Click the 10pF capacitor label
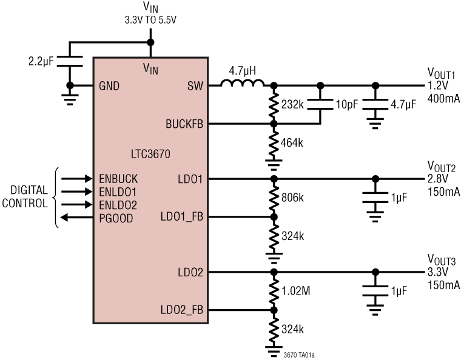tap(346, 104)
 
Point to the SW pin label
tap(196, 85)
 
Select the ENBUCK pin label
tap(118, 179)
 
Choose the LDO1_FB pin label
tap(181, 217)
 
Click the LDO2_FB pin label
tap(181, 310)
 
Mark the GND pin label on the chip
tap(109, 85)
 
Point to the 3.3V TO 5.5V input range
tap(151, 18)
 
